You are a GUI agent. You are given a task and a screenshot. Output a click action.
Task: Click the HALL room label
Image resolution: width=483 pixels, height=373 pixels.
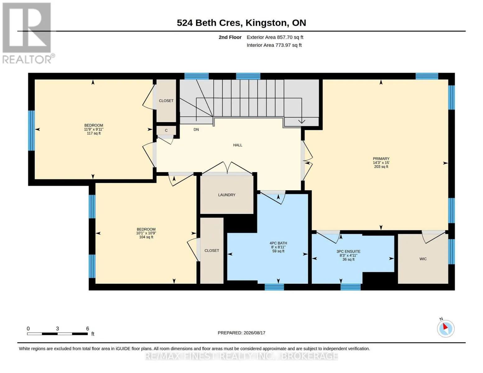(x=237, y=145)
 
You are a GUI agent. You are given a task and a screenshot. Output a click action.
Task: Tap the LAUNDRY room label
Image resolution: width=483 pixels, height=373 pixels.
(x=226, y=195)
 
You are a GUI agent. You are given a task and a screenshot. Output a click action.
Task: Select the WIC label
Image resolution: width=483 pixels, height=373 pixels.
(x=423, y=259)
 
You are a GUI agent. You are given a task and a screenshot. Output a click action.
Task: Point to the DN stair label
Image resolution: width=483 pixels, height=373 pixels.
(x=196, y=130)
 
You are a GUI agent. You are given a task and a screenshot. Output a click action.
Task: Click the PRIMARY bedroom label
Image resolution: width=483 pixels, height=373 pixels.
(x=381, y=159)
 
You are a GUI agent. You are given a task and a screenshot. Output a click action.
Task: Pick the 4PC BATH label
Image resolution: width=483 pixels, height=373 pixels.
(x=278, y=243)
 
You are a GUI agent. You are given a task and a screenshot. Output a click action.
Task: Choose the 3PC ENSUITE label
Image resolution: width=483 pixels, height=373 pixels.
(x=348, y=251)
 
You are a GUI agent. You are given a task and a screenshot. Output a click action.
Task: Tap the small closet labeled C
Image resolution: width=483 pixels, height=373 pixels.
(x=166, y=131)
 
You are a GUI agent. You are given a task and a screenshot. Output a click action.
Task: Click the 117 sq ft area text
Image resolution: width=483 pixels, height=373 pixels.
(x=94, y=133)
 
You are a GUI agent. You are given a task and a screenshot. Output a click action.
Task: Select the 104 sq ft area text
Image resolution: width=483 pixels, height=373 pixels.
(x=146, y=237)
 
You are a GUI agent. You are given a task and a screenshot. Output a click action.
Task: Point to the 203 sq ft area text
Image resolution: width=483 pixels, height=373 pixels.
(x=381, y=167)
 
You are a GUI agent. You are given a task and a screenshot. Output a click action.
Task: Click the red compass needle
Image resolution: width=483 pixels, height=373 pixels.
(x=445, y=326)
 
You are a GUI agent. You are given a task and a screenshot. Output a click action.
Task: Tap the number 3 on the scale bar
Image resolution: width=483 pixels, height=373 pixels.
(x=57, y=329)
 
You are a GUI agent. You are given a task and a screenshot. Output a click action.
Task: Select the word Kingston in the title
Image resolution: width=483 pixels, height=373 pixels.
(x=266, y=23)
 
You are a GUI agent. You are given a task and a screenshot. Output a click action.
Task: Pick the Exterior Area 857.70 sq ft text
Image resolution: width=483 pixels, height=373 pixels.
(x=275, y=37)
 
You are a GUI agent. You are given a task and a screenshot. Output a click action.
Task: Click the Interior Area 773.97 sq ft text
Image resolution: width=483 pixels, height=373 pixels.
(x=274, y=45)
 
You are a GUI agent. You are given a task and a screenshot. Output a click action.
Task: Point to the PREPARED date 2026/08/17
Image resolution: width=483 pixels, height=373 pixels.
(x=254, y=333)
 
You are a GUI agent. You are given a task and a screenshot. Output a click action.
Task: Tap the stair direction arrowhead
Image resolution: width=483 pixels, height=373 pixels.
(x=302, y=122)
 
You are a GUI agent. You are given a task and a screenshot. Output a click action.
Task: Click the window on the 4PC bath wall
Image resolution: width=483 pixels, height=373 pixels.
(x=274, y=287)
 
